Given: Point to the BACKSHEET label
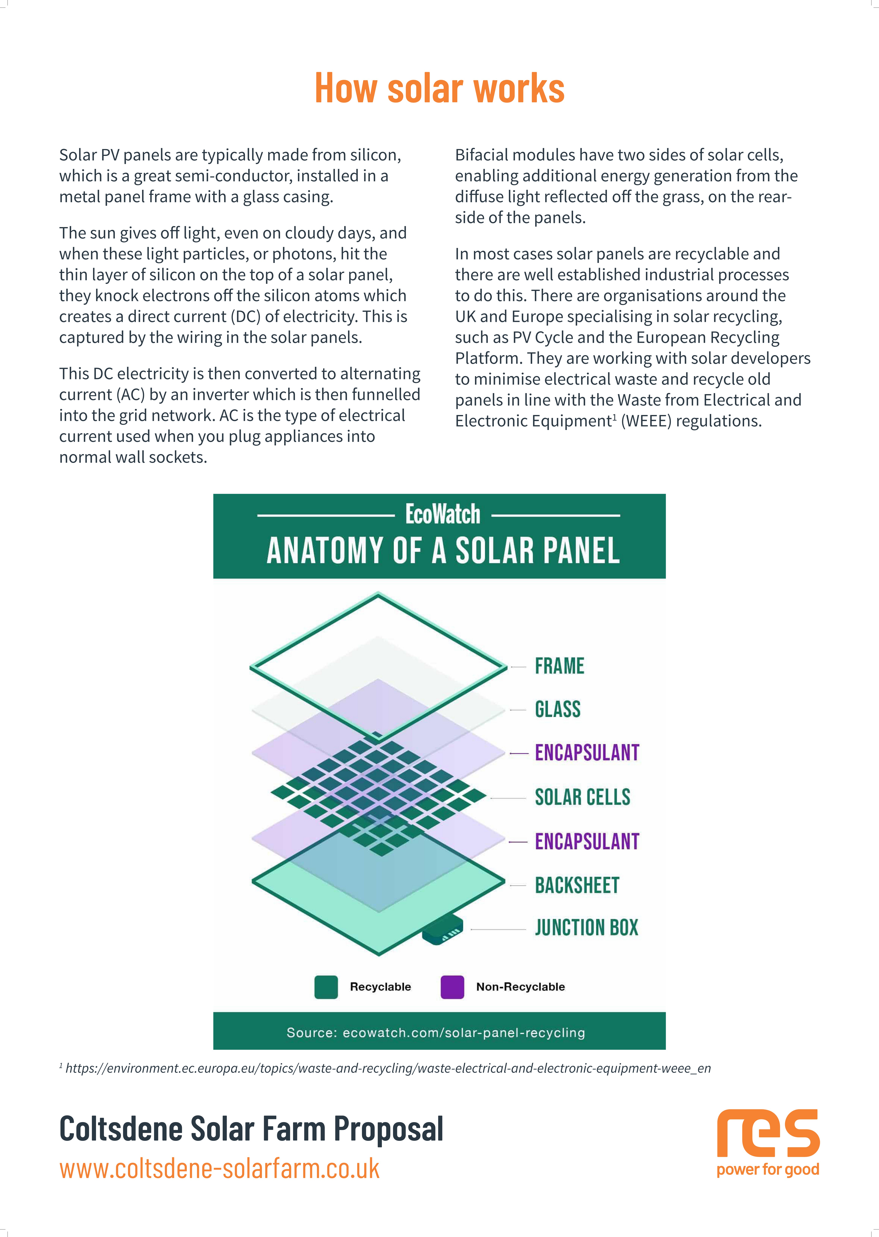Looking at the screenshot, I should point(577,885).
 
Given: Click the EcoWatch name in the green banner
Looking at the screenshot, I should point(443,514).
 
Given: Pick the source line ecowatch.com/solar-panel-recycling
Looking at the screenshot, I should point(436,1032).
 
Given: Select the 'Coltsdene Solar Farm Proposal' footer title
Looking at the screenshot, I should point(251,1129).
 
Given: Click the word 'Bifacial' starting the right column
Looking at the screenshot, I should point(481,155).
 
